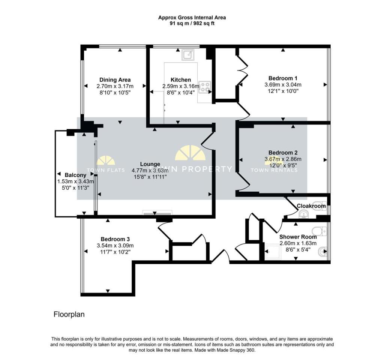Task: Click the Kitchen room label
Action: coord(180,80)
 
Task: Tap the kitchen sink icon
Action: coord(188,55)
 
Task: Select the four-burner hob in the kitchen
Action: coord(204,87)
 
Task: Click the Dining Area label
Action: coord(115,80)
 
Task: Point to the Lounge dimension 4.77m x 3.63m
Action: coord(150,171)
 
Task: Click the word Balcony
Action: coord(75,175)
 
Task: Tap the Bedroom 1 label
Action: coord(283,78)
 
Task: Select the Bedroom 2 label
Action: coord(283,153)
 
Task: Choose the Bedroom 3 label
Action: coord(115,239)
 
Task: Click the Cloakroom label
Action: coord(311,206)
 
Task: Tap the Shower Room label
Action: coord(298,237)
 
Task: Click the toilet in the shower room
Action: coord(319,231)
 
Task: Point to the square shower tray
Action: coord(273,251)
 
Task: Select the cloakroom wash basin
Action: coord(304,215)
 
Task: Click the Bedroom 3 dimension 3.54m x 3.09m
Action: coord(115,245)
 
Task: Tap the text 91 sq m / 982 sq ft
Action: coord(192,24)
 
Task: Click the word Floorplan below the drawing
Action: coord(69,314)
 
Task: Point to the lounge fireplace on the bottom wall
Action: coord(157,213)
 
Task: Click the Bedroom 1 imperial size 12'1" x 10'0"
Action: coord(283,91)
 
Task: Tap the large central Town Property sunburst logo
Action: coord(190,153)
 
